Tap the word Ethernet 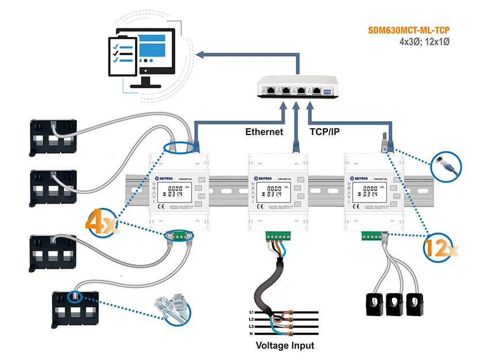pyautogui.click(x=264, y=132)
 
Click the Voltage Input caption pyautogui.click(x=285, y=346)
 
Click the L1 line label pyautogui.click(x=252, y=312)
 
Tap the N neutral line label pyautogui.click(x=252, y=333)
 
